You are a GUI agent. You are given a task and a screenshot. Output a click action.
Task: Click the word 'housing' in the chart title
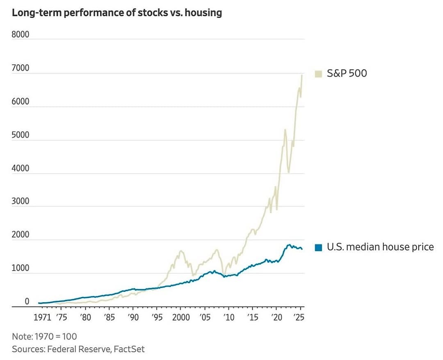(203, 13)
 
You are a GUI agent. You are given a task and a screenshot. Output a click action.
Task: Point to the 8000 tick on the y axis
(21, 34)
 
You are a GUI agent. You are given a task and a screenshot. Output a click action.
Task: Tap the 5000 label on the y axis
(21, 135)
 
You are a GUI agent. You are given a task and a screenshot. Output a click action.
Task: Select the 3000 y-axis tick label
(21, 201)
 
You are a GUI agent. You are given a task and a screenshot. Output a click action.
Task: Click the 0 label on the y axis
(27, 301)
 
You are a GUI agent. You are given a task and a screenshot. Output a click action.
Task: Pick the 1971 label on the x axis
(42, 318)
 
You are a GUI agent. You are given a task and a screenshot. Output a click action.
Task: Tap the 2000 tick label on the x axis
(181, 318)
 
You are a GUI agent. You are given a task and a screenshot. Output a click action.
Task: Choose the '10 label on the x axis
(229, 318)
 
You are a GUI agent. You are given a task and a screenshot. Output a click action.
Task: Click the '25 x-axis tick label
(299, 318)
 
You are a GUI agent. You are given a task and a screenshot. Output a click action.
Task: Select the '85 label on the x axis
(110, 318)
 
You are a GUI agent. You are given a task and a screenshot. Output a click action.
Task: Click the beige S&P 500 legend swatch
(318, 74)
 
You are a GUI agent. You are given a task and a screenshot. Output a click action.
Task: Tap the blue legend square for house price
(318, 248)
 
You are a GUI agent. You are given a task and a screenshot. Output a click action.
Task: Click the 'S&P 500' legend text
(347, 73)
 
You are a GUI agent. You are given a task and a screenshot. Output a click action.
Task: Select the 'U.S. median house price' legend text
(380, 247)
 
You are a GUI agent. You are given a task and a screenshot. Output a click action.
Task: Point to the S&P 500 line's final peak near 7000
(302, 75)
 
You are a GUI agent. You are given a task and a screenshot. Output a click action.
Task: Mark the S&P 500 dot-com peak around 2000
(181, 251)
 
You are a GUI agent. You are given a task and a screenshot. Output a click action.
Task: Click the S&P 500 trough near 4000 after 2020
(288, 172)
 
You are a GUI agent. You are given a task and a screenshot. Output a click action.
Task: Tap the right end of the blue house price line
(302, 249)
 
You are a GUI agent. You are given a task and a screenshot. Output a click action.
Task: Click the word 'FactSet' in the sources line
(129, 349)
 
